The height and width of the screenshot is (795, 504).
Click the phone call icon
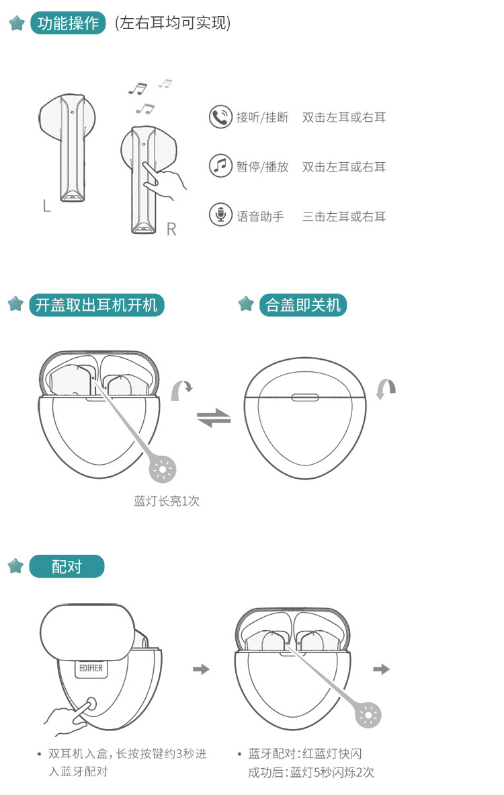coord(220,117)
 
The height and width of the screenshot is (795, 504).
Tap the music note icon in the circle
coord(220,166)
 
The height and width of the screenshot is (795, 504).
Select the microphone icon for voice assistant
coord(220,215)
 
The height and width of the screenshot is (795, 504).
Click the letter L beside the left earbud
coord(46,205)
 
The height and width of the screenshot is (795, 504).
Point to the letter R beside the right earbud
coord(171,229)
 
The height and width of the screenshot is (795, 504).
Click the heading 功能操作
coord(68,24)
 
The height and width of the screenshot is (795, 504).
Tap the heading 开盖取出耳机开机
coord(96,305)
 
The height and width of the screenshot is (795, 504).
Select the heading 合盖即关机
coord(303,305)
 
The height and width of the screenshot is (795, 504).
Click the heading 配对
coord(67,566)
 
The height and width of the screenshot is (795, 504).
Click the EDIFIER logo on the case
coord(91,669)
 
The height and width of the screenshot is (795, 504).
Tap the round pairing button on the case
coord(91,704)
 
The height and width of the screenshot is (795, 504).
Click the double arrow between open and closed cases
coord(213,418)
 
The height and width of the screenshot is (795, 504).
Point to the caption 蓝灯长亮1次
coord(167,501)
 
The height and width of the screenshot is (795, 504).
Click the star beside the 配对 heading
coord(15,566)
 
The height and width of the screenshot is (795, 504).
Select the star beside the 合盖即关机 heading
coord(246,304)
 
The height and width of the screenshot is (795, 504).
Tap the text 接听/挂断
coord(262,118)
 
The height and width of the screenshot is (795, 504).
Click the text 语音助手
coord(260,217)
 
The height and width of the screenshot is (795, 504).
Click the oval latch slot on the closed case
coord(305,397)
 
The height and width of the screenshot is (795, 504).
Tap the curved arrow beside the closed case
coord(386,389)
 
